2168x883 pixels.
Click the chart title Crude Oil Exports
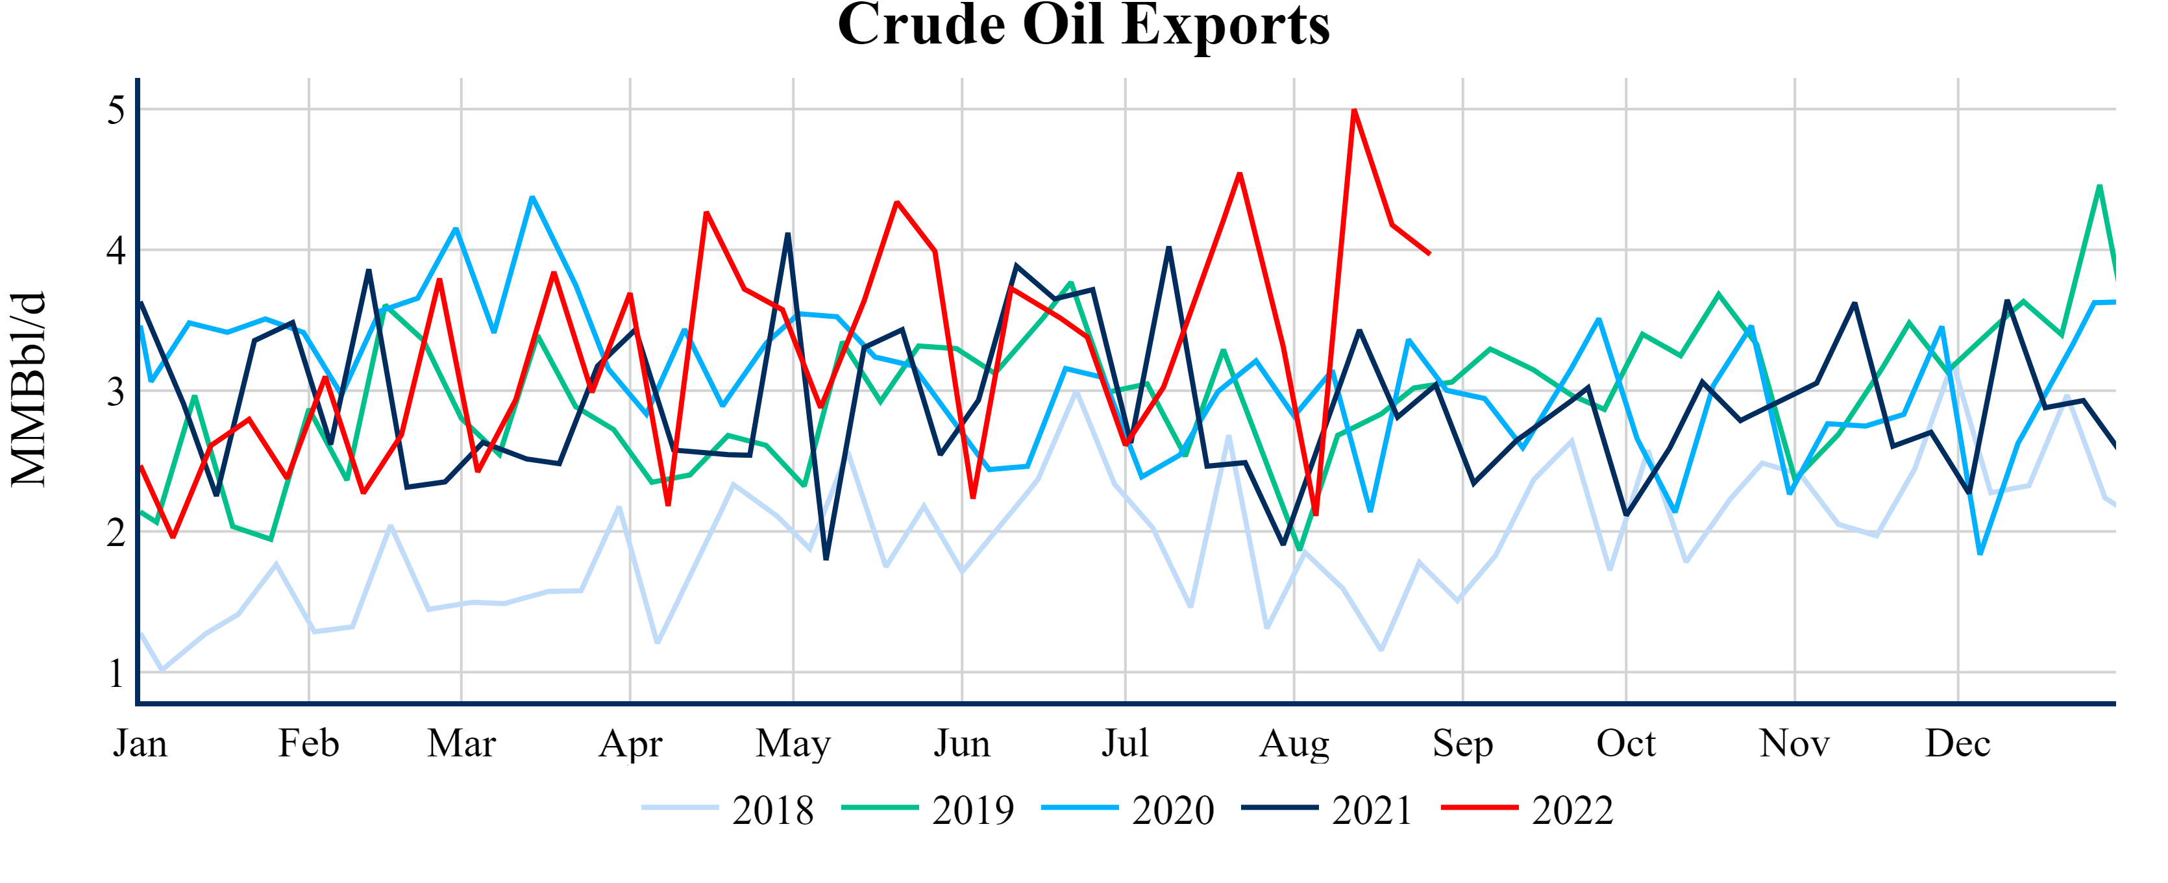click(1083, 25)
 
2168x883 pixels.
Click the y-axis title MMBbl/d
click(29, 390)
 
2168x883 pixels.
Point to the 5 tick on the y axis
click(116, 110)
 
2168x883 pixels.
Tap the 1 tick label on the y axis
click(116, 673)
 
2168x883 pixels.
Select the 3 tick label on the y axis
click(116, 392)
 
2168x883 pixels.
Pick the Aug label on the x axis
click(1294, 744)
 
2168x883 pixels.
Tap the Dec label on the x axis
click(1958, 744)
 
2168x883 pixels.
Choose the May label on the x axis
click(793, 744)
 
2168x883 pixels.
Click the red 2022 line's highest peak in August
click(1353, 110)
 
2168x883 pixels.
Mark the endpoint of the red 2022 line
click(1429, 253)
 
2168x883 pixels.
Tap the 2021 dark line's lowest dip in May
click(826, 559)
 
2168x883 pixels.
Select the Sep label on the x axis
click(1462, 744)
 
